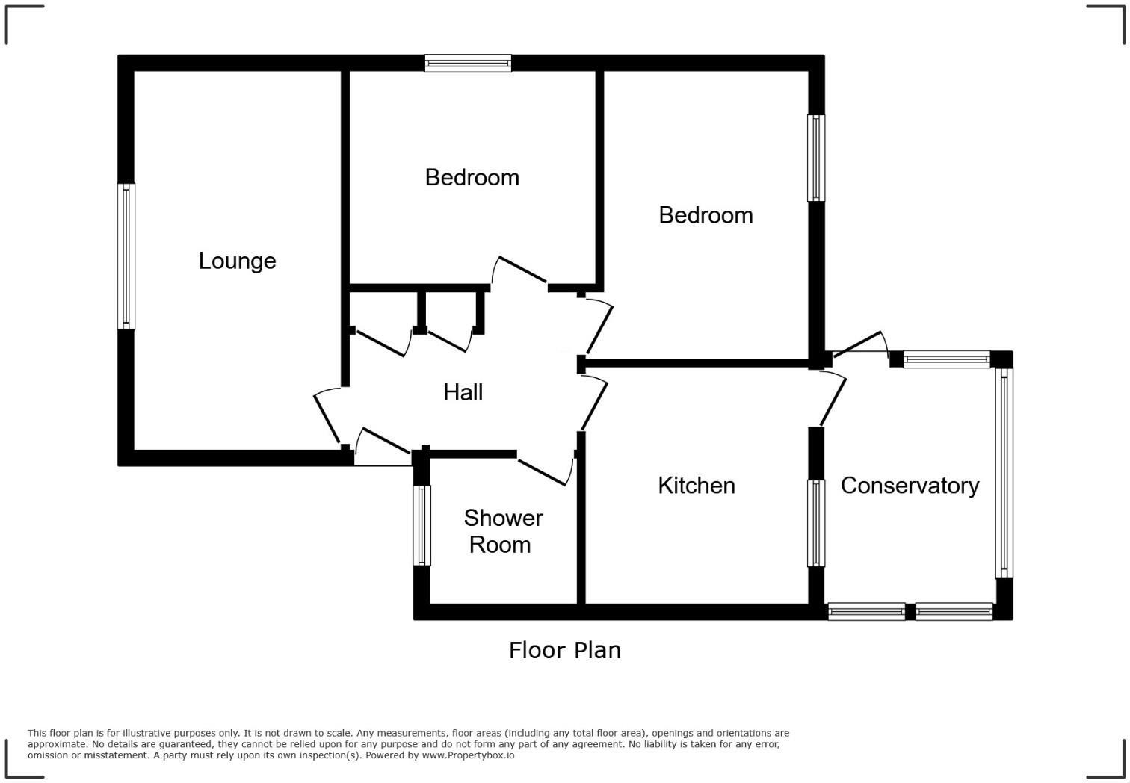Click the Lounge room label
click(x=237, y=261)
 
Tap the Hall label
click(x=463, y=392)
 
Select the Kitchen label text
click(x=696, y=486)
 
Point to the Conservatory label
click(x=910, y=486)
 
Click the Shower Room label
click(x=502, y=531)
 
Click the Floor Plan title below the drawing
click(x=564, y=650)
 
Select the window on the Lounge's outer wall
click(x=126, y=256)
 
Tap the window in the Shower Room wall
click(x=422, y=525)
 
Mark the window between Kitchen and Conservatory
click(x=816, y=523)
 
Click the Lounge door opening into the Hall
click(x=327, y=417)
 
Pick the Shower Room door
click(x=544, y=471)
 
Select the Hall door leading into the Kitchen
click(x=593, y=403)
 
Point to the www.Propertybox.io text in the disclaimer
click(x=468, y=755)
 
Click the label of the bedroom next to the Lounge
click(x=472, y=178)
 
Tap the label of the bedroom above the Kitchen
click(x=706, y=216)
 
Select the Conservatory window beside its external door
click(x=946, y=359)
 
